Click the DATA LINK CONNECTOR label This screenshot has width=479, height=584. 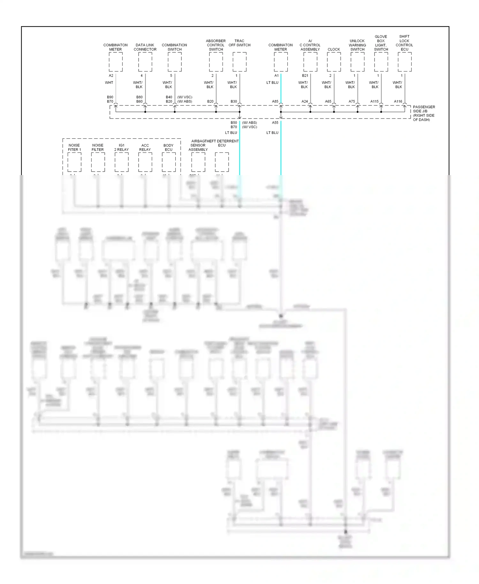coord(145,47)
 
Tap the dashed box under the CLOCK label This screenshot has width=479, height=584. coord(334,62)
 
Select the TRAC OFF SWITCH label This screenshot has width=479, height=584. coord(240,43)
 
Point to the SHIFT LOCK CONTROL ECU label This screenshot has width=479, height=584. coord(404,43)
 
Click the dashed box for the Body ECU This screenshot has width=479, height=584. coord(169,162)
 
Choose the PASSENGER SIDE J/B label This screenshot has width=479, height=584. coord(424,113)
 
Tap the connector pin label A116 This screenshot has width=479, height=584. coord(398,101)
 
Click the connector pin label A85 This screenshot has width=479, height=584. coord(275,101)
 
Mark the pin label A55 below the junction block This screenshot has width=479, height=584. coord(275,123)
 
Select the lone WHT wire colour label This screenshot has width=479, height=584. coord(109,82)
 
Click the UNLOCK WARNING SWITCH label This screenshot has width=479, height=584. coord(357,45)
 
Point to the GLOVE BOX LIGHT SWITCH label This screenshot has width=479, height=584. coord(381,43)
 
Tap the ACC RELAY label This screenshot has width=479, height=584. coord(145,147)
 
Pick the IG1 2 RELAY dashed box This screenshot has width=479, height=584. coord(121,162)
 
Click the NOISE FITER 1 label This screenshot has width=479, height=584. coord(74,147)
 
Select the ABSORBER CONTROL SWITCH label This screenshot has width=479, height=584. coord(216,45)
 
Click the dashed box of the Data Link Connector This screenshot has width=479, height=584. coord(145,62)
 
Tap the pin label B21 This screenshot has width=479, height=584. coord(305,76)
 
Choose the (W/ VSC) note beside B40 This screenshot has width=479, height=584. coord(185,97)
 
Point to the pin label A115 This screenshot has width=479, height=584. coord(374,101)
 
